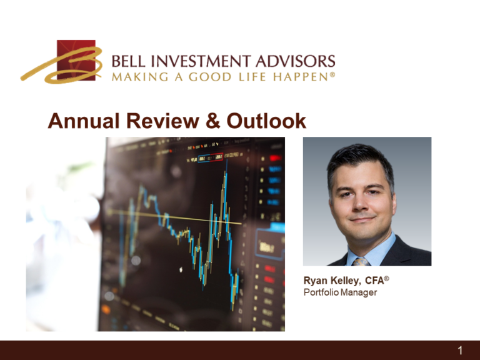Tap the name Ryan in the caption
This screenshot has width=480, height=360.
(316, 281)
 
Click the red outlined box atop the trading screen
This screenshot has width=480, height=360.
(213, 158)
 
